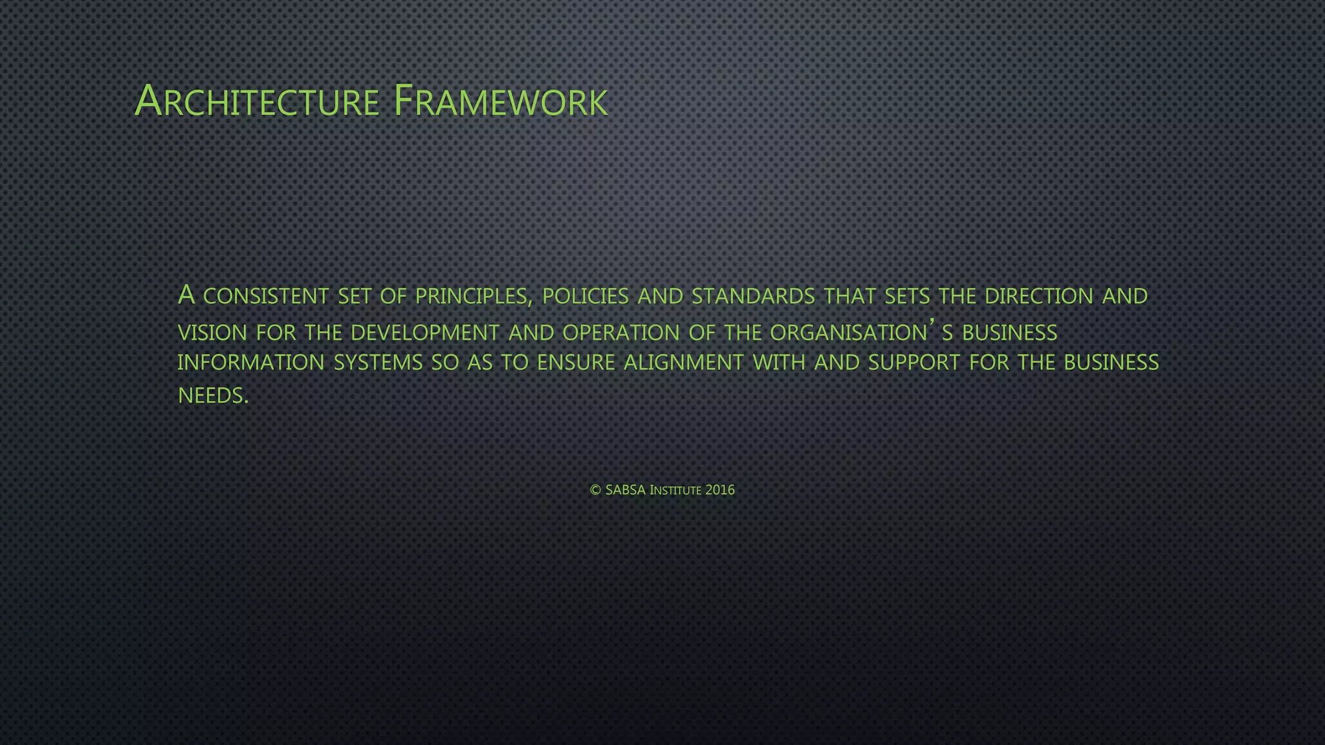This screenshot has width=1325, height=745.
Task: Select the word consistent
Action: (x=266, y=296)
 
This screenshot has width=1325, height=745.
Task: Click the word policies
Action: (x=585, y=296)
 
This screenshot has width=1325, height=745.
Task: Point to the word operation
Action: (x=620, y=333)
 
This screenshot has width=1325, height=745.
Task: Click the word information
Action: (x=251, y=363)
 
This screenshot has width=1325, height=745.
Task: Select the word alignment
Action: (x=683, y=363)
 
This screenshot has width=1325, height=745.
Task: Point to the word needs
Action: (x=212, y=395)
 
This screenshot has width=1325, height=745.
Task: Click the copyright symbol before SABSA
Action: (x=596, y=490)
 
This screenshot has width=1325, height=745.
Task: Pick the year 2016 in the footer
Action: (x=720, y=490)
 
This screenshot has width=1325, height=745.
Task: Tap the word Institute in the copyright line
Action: (x=675, y=490)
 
